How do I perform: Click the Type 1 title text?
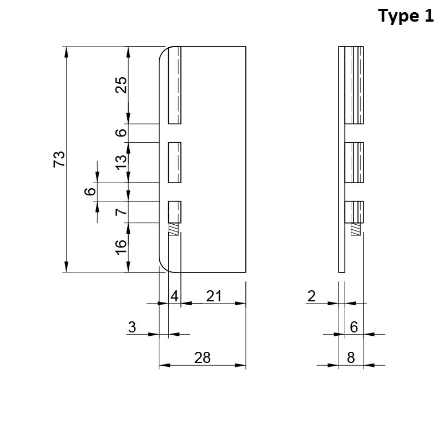(x=406, y=16)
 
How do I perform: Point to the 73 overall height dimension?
(x=59, y=159)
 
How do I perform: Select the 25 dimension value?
(x=121, y=85)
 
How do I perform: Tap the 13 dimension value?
(x=121, y=162)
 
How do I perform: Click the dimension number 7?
(x=121, y=211)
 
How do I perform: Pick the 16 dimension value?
(x=121, y=247)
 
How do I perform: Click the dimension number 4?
(x=174, y=296)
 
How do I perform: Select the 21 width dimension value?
(x=214, y=296)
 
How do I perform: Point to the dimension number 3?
(x=132, y=327)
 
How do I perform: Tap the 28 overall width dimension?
(x=202, y=357)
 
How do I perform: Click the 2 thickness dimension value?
(x=311, y=296)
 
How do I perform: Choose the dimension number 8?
(x=351, y=357)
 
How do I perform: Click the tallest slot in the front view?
(x=175, y=85)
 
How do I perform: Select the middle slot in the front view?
(x=175, y=163)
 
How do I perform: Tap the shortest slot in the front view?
(x=175, y=212)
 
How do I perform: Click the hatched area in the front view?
(x=174, y=229)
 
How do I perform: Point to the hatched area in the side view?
(x=356, y=229)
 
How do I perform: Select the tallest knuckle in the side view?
(x=354, y=85)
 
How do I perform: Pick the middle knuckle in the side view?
(x=354, y=163)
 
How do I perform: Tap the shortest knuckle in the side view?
(x=354, y=212)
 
